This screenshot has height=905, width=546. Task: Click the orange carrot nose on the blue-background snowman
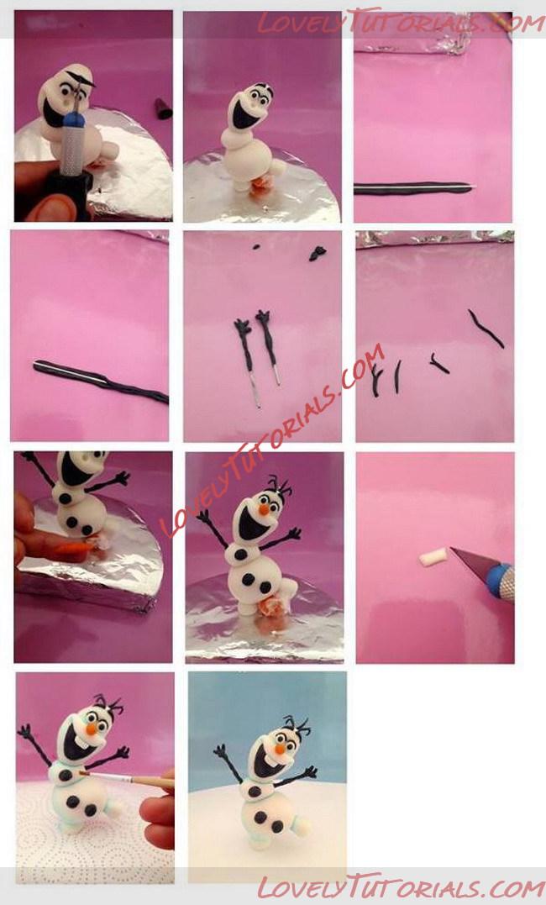[280, 749]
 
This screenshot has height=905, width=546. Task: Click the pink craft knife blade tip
[452, 550]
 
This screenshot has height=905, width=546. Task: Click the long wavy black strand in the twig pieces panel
[486, 329]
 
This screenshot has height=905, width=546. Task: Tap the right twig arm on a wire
[269, 345]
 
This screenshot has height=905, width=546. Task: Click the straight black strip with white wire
[413, 188]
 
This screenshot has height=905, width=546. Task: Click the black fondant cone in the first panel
[163, 108]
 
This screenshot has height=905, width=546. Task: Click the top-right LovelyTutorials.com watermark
[402, 24]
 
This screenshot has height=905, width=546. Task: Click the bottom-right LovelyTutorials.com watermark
[402, 887]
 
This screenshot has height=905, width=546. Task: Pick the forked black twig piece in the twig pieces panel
[376, 381]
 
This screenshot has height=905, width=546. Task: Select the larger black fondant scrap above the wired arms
[318, 254]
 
